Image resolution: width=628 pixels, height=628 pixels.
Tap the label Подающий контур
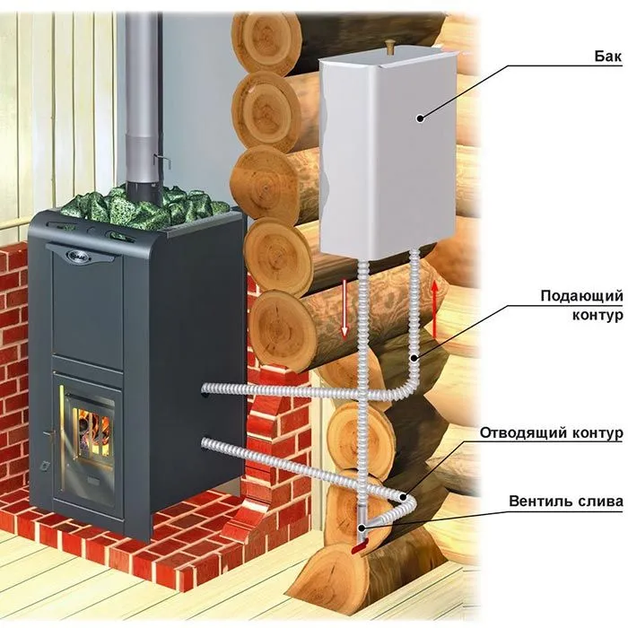point(581,305)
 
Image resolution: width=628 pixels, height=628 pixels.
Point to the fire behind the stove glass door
point(91,425)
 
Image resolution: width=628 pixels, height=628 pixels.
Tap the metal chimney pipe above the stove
point(142,90)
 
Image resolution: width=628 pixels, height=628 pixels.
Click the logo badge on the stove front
point(83,254)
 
